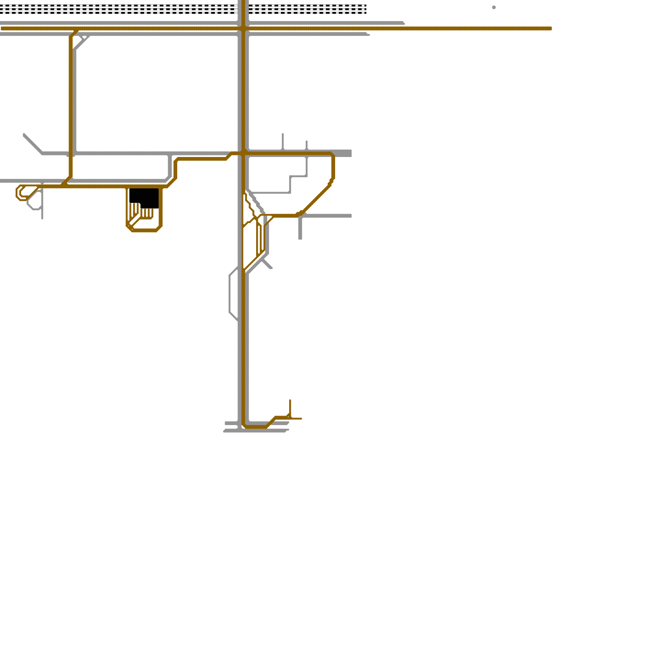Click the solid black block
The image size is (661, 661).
144,197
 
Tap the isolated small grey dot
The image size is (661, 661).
494,7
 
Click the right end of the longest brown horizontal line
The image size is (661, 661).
550,29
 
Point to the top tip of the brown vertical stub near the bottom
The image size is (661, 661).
290,400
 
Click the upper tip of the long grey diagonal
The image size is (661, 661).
24,135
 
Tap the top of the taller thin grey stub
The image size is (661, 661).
283,134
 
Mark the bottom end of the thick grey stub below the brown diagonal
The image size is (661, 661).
300,238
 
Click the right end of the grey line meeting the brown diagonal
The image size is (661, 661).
350,216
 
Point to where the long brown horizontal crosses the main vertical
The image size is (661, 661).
243,29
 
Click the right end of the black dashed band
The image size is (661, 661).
366,9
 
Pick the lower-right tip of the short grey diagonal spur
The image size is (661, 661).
271,268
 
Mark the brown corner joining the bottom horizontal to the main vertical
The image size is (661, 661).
245,425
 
